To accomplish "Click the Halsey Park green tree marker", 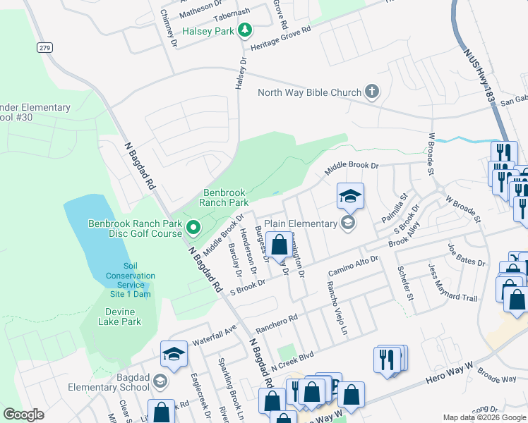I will click(x=245, y=30).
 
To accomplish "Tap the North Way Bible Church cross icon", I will click(x=372, y=92).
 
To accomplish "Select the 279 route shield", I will click(x=44, y=47).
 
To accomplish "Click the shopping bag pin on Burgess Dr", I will click(x=280, y=246).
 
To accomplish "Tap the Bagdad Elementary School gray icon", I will click(x=160, y=382).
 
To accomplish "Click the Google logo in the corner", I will click(x=24, y=415).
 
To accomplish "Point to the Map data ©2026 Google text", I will click(x=484, y=417).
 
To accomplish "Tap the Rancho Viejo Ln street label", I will click(x=336, y=310).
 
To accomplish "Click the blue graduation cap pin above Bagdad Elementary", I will click(x=174, y=355).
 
